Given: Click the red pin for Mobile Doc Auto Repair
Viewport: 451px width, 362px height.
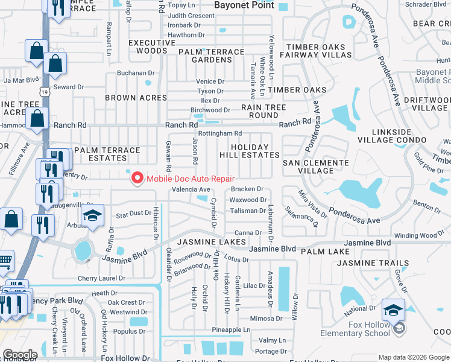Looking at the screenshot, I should coord(137,178).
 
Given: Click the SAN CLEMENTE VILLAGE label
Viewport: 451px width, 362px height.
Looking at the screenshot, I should coord(309,167).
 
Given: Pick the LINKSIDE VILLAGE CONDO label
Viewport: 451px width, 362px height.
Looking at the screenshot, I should coord(392,136).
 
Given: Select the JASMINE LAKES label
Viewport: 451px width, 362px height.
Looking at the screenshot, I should coord(211,242).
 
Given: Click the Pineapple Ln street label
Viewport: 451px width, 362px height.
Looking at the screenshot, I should coord(231,330).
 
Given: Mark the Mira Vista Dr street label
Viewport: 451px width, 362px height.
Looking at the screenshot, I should coord(312,205).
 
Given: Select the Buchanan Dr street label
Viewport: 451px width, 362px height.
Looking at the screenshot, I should coord(131,73).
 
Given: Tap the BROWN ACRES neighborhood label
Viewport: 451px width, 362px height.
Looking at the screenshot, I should coord(136,98).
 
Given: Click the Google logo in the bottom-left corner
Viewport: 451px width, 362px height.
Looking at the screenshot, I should coord(20,355).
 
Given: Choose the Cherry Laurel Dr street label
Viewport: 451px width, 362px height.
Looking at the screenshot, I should coord(101,279).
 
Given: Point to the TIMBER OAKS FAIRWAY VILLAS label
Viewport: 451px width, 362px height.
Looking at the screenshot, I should coord(318,51).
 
